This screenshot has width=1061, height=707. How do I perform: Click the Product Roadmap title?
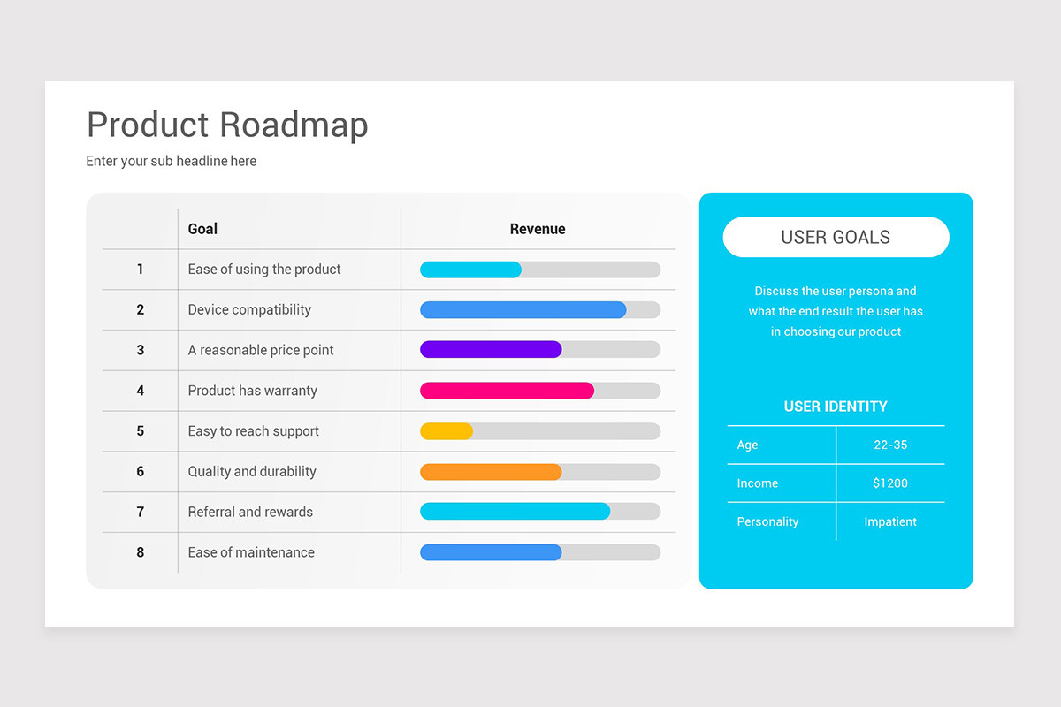coord(227,125)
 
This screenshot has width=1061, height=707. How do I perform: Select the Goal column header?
coord(202,229)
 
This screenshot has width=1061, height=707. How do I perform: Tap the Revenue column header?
coord(538,229)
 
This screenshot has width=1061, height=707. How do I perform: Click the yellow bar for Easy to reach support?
coord(447,431)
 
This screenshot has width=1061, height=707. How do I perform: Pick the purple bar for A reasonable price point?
coord(491,349)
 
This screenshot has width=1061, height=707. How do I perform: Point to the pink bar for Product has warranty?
coord(507,391)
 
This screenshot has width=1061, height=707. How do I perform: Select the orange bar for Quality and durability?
coord(491,472)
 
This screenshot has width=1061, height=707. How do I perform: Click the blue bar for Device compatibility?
coord(523,309)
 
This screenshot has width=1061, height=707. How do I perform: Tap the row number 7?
coord(141,512)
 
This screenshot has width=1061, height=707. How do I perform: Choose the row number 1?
coord(141,269)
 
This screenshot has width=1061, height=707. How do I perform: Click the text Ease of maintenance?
coord(251,552)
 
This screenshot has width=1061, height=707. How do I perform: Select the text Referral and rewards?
coord(250,512)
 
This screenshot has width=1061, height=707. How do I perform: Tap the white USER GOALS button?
coord(836,237)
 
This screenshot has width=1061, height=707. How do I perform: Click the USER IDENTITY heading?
coord(836,407)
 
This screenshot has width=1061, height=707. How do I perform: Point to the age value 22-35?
coord(890,445)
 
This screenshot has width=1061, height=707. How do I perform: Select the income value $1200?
coord(890,483)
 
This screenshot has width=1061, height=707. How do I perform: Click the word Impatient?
coord(890,521)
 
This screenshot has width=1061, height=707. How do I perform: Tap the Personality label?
coord(767,521)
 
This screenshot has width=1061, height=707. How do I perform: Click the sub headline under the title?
coord(171,161)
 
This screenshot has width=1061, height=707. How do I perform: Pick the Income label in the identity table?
coord(758,483)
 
